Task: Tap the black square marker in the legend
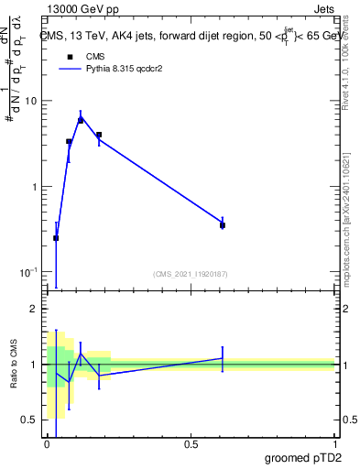point(69,57)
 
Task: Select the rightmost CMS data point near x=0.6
point(223,224)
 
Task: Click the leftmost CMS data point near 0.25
point(57,238)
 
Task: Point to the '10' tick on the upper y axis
point(31,101)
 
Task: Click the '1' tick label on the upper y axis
point(34,187)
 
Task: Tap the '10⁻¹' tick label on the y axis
point(29,272)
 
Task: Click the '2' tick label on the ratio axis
point(35,310)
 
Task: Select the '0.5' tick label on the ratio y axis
point(30,420)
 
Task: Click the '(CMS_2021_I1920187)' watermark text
point(190,274)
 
